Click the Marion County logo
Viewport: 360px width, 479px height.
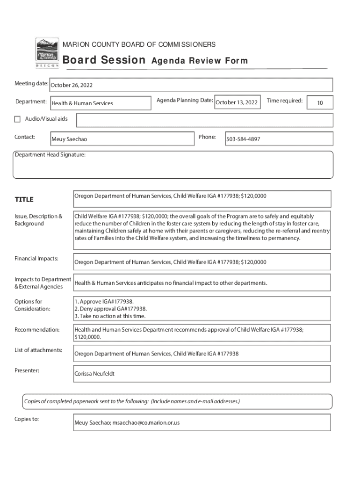point(47,53)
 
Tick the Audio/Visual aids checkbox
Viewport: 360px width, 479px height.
point(18,119)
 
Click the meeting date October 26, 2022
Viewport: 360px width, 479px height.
point(72,85)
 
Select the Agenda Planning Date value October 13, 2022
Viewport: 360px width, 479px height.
point(237,102)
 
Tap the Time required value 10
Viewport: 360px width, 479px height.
point(320,102)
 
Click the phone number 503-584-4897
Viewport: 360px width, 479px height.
point(243,139)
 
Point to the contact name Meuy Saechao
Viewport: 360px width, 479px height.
point(69,139)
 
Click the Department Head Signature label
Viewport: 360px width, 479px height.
point(50,155)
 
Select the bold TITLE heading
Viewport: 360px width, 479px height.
point(24,200)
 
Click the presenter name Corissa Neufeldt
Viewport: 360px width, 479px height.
point(94,374)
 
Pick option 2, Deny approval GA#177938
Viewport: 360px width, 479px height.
point(111,309)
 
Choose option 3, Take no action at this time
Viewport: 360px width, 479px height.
point(110,316)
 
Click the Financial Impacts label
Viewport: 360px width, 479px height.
point(36,258)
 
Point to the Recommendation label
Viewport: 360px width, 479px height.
point(37,330)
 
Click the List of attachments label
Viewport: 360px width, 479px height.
point(38,350)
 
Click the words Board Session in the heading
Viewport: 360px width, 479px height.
point(104,60)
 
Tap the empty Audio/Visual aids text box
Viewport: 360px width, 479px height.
point(204,120)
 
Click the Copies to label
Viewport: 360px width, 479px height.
point(27,419)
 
